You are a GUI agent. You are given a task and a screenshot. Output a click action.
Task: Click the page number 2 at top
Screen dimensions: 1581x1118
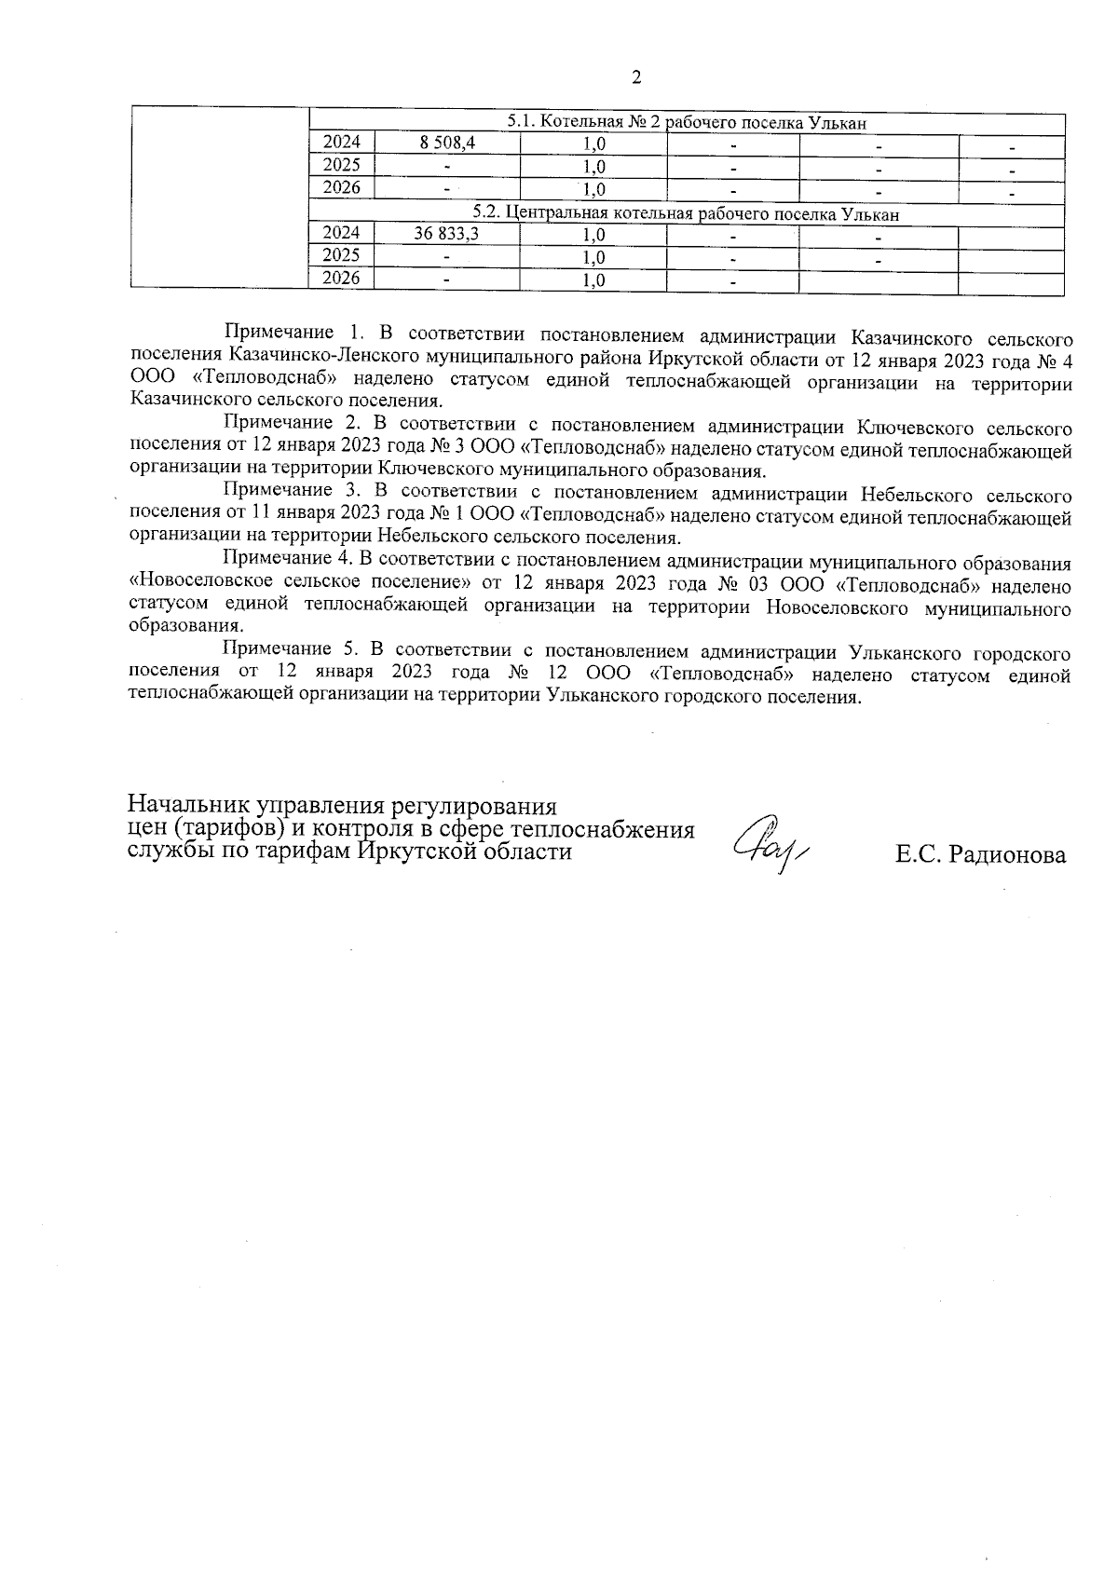(x=636, y=77)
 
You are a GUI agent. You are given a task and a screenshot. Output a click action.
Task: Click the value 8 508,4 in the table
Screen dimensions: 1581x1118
(x=447, y=143)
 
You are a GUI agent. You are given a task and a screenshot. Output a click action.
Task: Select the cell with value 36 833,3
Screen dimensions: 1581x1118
(x=447, y=235)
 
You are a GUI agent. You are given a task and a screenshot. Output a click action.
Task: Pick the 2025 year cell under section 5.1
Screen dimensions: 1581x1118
(x=341, y=165)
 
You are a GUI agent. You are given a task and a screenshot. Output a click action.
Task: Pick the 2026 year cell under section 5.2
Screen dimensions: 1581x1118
(x=341, y=279)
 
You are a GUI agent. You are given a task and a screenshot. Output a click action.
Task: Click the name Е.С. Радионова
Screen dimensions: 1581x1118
(x=980, y=854)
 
